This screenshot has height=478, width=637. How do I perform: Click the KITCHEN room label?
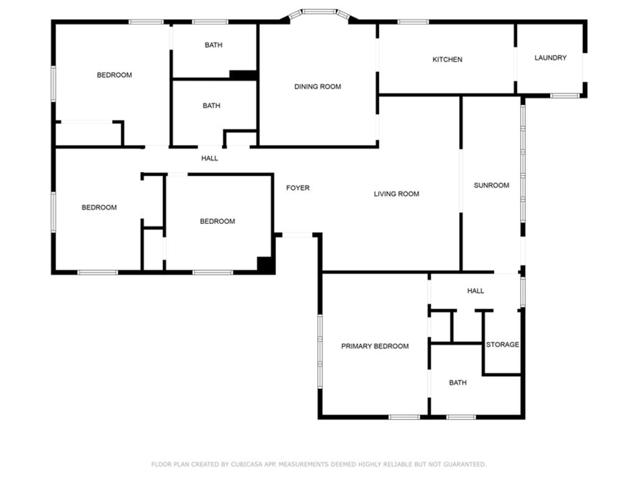click(447, 60)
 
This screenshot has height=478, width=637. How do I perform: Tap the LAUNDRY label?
click(551, 58)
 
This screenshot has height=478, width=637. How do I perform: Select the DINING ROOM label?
click(317, 87)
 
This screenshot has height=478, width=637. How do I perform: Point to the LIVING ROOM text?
click(396, 194)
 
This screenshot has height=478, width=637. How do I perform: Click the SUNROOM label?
click(491, 185)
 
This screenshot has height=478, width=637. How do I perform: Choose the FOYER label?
click(297, 188)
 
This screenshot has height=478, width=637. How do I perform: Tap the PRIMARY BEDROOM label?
click(374, 347)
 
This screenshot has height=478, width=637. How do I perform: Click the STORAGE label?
click(502, 345)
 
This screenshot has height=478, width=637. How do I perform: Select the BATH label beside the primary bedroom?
click(457, 383)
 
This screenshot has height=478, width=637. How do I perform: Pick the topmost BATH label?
click(213, 45)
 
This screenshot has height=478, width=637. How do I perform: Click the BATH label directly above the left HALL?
click(212, 106)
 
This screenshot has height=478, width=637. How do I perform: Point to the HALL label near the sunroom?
click(475, 291)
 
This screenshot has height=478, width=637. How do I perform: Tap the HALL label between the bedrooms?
click(210, 159)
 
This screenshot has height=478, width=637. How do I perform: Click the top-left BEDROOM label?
click(114, 75)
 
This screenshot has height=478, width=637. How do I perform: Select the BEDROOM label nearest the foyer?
click(217, 222)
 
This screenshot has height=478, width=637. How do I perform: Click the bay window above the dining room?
click(320, 12)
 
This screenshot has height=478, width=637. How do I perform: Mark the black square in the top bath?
click(243, 75)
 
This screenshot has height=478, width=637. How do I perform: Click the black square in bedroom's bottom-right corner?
click(266, 265)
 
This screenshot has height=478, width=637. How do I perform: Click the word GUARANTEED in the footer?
click(465, 464)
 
